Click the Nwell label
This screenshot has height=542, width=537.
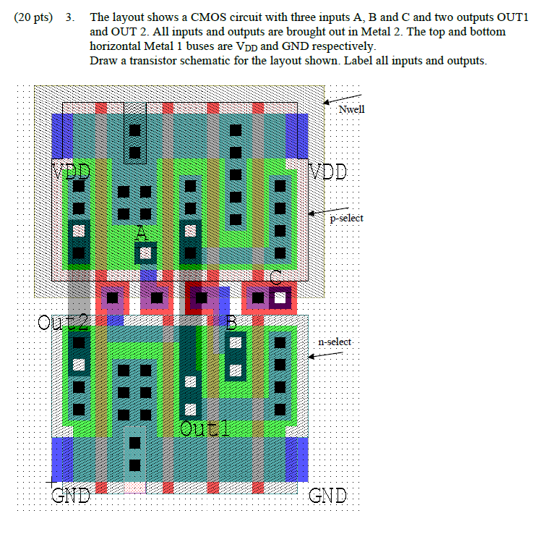coord(352,109)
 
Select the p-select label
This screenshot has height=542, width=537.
coord(346,218)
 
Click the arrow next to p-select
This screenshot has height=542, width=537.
coord(318,213)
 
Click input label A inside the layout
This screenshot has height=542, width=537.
coord(142,233)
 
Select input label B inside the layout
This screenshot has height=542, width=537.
coord(231,323)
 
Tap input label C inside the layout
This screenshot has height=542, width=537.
coord(275,278)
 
